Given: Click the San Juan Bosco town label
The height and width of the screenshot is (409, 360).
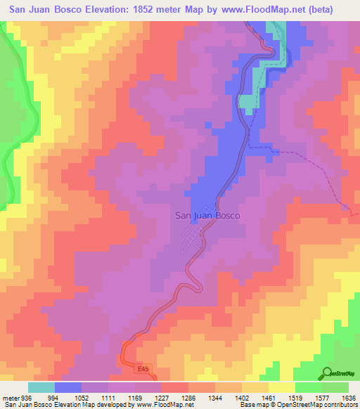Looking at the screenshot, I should (207, 216).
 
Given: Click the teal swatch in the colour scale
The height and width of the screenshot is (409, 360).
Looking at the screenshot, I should (41, 387).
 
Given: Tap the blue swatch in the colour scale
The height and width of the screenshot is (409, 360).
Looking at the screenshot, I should (68, 387).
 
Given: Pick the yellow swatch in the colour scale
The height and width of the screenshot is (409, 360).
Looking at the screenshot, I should (281, 387).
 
